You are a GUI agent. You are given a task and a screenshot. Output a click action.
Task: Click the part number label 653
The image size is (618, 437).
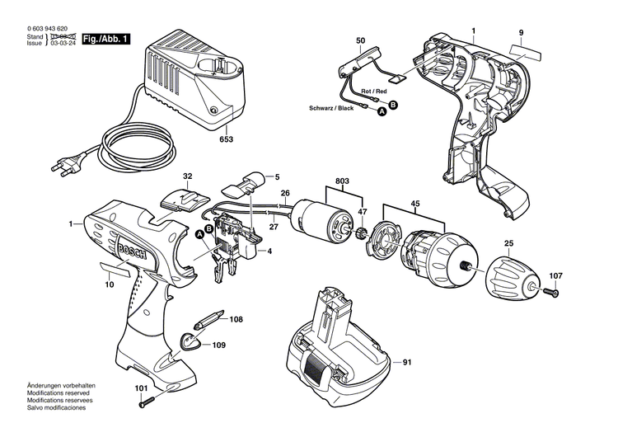(x=226, y=139)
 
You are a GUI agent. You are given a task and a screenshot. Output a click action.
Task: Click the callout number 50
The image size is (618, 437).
(x=360, y=40)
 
